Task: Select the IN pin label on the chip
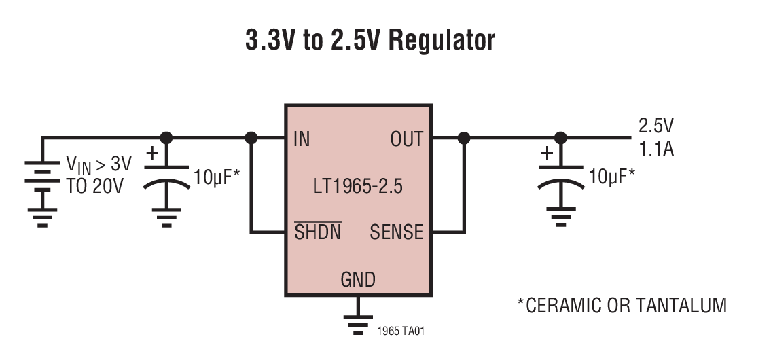[x=302, y=140]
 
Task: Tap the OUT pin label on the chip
[x=406, y=140]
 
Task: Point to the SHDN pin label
[x=317, y=233]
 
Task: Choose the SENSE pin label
[x=396, y=233]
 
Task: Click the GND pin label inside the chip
[x=357, y=279]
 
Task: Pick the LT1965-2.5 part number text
[x=357, y=187]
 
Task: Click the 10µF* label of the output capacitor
[x=612, y=177]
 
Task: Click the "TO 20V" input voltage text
[x=95, y=186]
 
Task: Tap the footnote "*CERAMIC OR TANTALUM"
[x=622, y=306]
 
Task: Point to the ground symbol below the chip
[x=357, y=324]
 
